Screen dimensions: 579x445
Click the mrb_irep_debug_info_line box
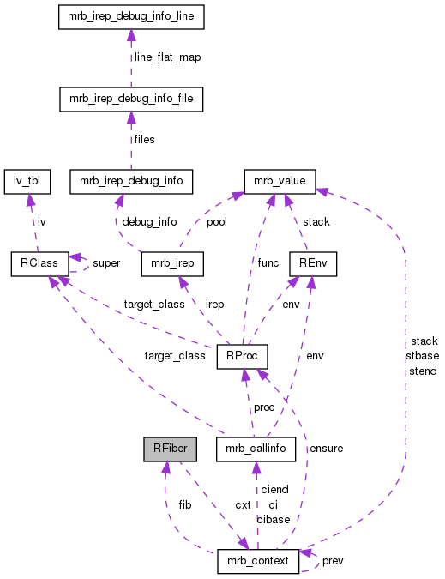pyautogui.click(x=130, y=16)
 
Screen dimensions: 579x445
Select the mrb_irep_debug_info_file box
pyautogui.click(x=130, y=99)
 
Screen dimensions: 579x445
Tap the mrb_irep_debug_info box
pyautogui.click(x=130, y=181)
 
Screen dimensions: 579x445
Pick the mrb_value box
pyautogui.click(x=280, y=181)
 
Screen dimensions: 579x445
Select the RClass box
pyautogui.click(x=34, y=263)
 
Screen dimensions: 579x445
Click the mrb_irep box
pyautogui.click(x=171, y=263)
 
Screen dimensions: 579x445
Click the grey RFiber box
pyautogui.click(x=171, y=448)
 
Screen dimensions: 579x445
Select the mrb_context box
pyautogui.click(x=258, y=562)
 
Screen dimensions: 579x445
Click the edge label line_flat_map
pyautogui.click(x=169, y=57)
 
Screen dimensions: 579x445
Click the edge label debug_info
pyautogui.click(x=149, y=221)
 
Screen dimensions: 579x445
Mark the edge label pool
pyautogui.click(x=217, y=221)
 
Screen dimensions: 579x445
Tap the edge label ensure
pyautogui.click(x=327, y=448)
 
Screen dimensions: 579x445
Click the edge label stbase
pyautogui.click(x=422, y=356)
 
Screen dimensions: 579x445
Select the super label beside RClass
pyautogui.click(x=106, y=262)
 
